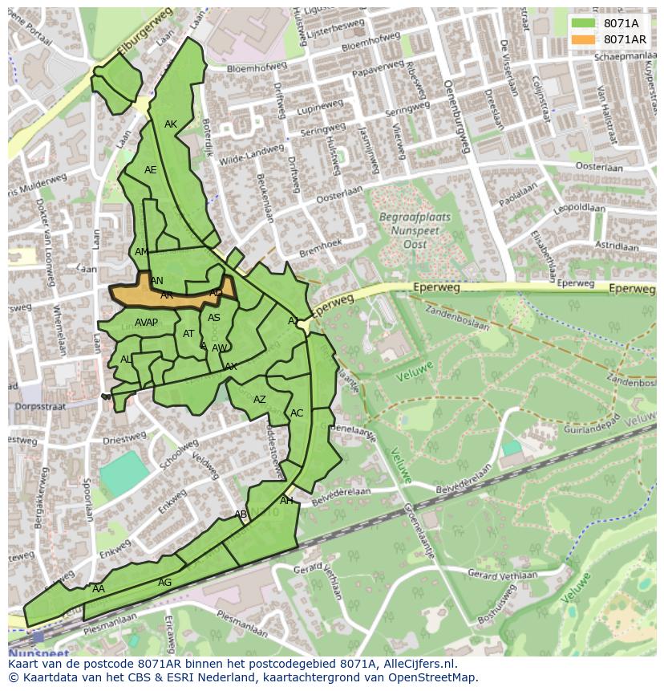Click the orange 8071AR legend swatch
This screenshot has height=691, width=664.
[583, 39]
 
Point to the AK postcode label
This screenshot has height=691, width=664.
[171, 124]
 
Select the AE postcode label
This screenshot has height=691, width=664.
[151, 170]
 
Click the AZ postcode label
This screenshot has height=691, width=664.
[260, 400]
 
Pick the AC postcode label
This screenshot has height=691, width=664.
[297, 413]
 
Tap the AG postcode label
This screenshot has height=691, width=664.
[164, 583]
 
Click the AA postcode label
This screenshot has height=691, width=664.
[98, 589]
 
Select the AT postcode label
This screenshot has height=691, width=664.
[188, 334]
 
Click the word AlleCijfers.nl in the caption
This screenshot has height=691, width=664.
[420, 665]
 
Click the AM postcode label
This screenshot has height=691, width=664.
[142, 252]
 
